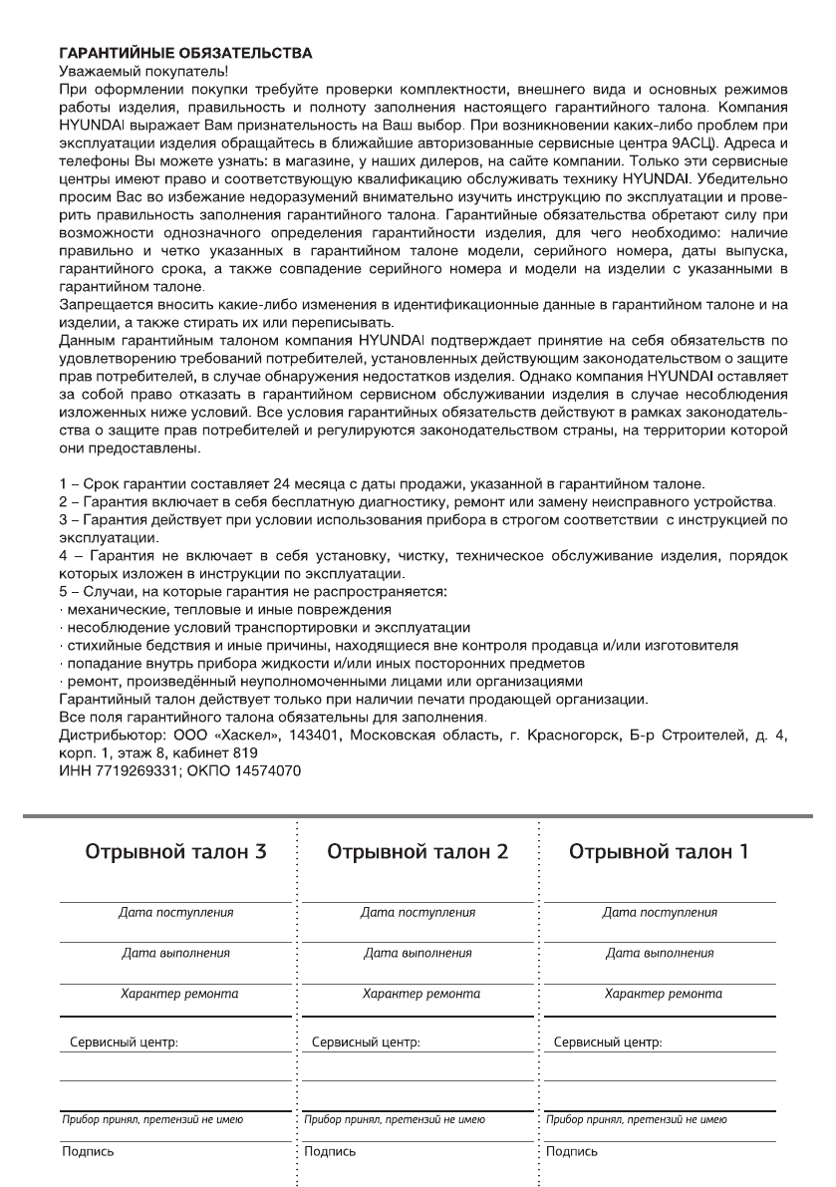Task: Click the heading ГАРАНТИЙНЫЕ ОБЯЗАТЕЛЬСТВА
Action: tap(185, 51)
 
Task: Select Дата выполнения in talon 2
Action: tap(418, 953)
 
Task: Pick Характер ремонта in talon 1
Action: tap(664, 994)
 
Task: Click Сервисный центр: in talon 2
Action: tap(366, 1043)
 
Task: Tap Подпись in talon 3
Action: tap(87, 1151)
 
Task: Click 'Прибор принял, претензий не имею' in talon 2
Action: tap(394, 1120)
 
